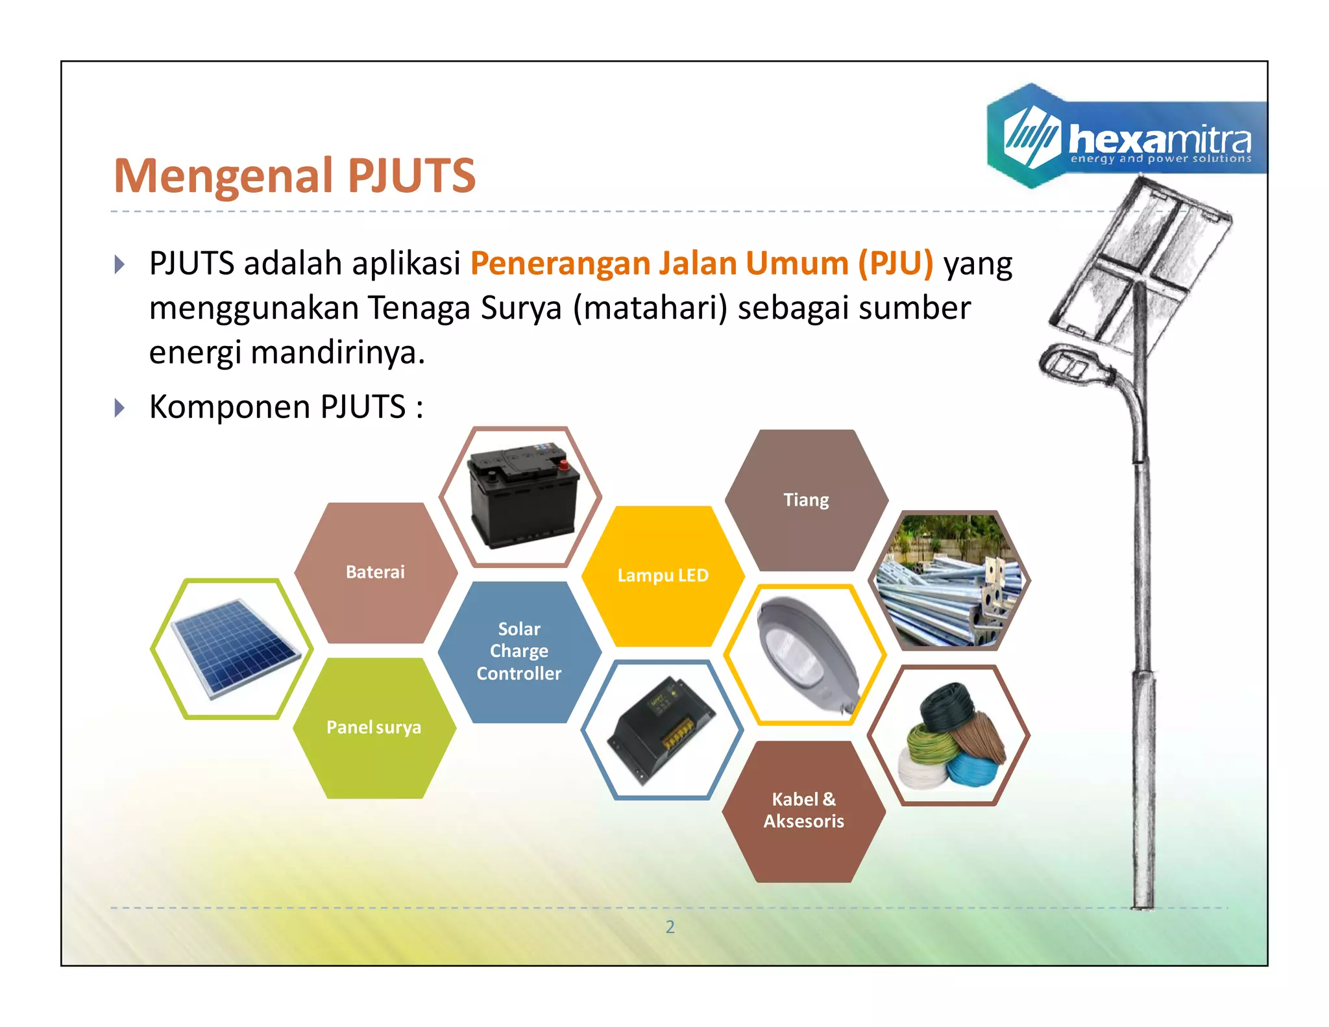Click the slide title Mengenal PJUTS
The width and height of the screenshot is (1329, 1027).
click(295, 175)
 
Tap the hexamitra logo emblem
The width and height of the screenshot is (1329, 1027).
click(1031, 137)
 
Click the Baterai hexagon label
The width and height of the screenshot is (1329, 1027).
click(375, 572)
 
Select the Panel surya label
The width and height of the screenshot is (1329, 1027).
click(374, 727)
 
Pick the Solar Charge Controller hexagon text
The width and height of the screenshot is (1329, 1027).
click(519, 651)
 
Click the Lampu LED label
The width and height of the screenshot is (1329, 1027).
click(663, 575)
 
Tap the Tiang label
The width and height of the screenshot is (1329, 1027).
click(806, 500)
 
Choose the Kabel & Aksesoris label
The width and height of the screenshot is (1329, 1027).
click(803, 810)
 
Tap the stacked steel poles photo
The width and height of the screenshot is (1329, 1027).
click(948, 581)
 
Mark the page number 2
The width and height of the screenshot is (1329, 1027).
click(670, 927)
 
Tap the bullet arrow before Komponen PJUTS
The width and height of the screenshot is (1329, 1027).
click(119, 408)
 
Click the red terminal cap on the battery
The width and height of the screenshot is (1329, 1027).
click(564, 464)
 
